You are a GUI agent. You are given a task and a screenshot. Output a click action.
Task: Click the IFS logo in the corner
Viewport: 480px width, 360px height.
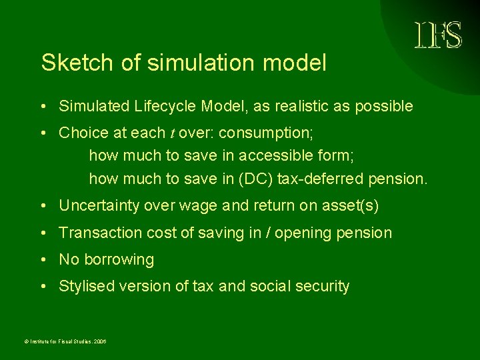[x=438, y=35]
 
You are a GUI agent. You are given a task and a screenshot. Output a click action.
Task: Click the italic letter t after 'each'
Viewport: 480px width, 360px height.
[x=171, y=133]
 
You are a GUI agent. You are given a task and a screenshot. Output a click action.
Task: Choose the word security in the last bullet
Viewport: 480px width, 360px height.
[x=323, y=287]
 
